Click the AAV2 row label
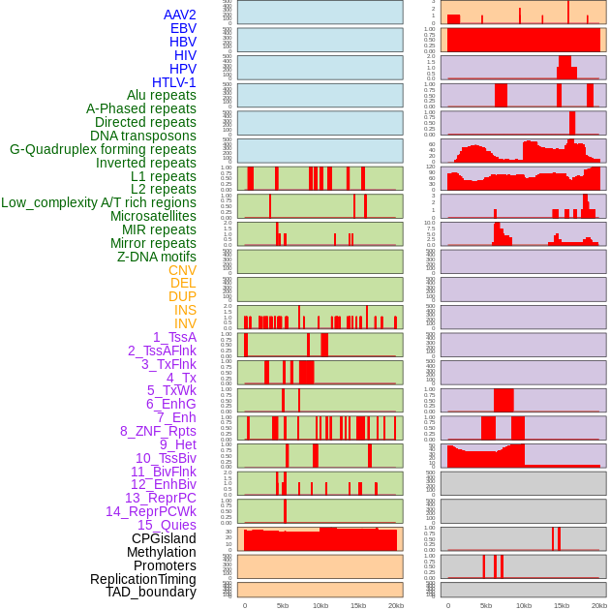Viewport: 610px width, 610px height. (179, 15)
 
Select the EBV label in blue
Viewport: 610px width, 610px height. (183, 28)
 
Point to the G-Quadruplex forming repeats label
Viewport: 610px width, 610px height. (103, 149)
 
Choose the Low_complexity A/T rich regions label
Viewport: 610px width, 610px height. (99, 202)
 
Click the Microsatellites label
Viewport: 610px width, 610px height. (153, 216)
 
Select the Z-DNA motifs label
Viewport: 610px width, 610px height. (157, 257)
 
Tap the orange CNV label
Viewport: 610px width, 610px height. (182, 270)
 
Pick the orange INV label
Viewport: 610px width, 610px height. (185, 323)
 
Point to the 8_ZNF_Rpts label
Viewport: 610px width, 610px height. (158, 431)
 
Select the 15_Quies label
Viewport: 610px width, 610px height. (167, 525)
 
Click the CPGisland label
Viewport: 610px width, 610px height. (164, 538)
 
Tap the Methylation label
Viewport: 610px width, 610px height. (155, 552)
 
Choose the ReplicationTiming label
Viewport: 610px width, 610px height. (142, 579)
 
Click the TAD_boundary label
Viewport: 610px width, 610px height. (151, 592)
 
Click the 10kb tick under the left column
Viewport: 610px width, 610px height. (320, 605)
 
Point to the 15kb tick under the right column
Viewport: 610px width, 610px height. (562, 605)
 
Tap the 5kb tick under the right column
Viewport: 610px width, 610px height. (486, 605)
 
